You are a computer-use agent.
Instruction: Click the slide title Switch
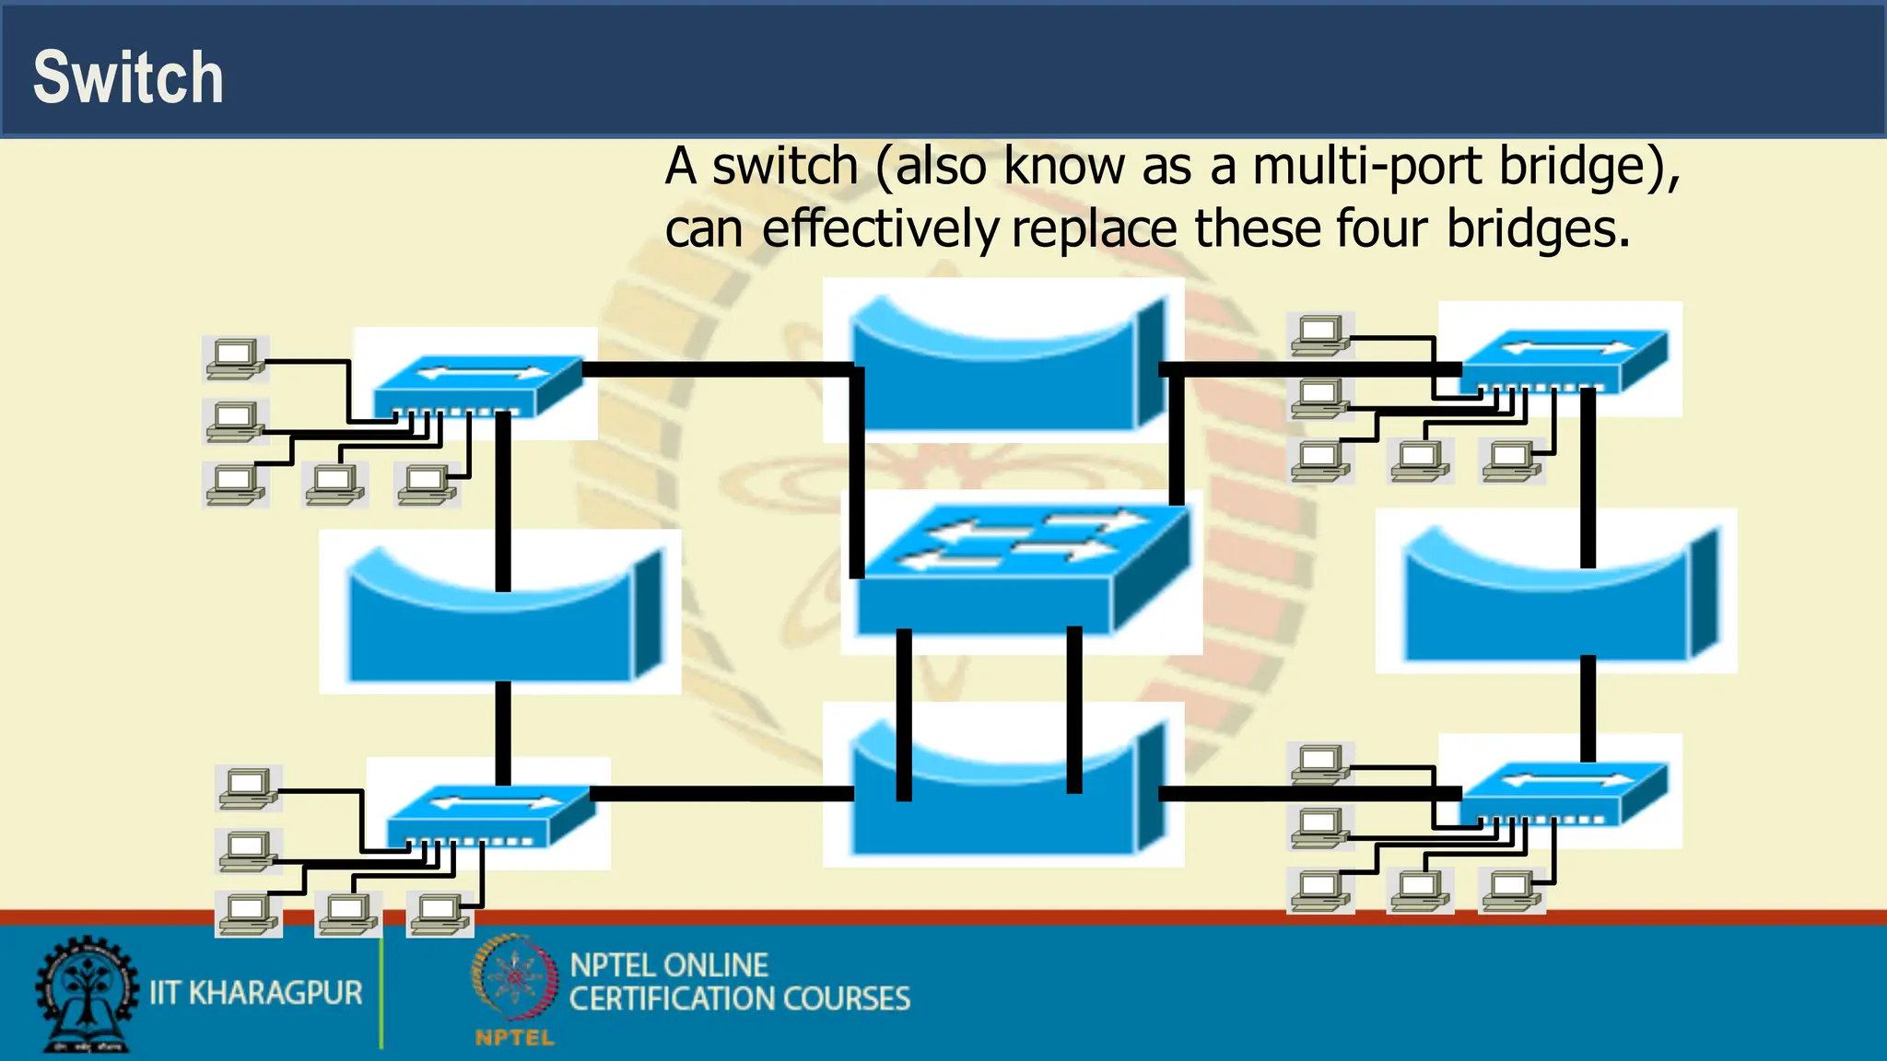click(x=128, y=77)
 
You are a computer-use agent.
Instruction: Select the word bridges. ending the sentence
click(x=1538, y=229)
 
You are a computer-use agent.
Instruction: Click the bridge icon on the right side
click(x=1557, y=594)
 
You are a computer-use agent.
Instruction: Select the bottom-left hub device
click(x=488, y=814)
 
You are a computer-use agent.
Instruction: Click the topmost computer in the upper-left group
click(x=236, y=358)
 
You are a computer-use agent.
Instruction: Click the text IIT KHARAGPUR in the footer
click(x=256, y=993)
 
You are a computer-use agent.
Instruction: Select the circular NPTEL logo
click(x=514, y=978)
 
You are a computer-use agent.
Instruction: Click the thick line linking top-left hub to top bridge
click(x=719, y=369)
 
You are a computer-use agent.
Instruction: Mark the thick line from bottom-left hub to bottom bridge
click(x=723, y=793)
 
